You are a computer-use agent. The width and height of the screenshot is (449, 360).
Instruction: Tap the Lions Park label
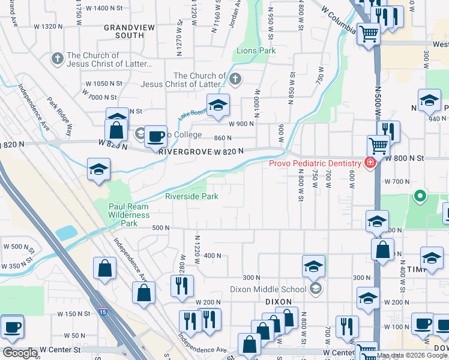[x=256, y=51]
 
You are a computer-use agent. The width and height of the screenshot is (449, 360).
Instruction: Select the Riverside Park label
[x=191, y=196]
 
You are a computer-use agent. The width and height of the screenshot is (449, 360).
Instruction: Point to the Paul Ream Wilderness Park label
[x=128, y=215]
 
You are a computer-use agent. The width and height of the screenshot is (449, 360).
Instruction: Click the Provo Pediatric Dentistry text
[x=315, y=163]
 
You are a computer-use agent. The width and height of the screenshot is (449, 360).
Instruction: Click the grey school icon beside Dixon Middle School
[x=315, y=289]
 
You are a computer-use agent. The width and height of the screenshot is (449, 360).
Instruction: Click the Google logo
[x=20, y=353]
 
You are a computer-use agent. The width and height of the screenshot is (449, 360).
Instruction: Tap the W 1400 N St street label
[x=103, y=8]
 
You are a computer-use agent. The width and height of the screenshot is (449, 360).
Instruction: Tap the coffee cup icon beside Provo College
[x=155, y=136]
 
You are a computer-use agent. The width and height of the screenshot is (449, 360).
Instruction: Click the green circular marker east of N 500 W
[x=420, y=196]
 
